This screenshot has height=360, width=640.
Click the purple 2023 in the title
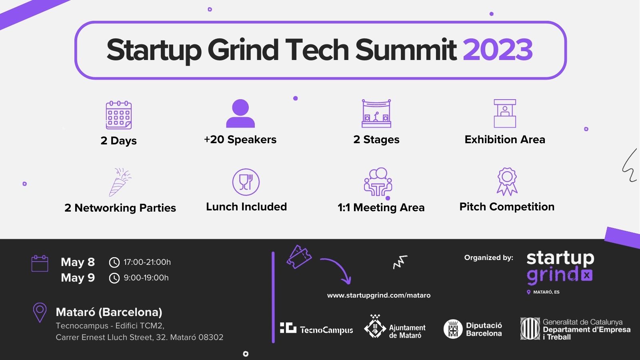(498, 50)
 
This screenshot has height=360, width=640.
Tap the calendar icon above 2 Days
(118, 115)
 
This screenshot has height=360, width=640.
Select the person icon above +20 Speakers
(240, 114)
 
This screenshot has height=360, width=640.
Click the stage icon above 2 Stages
(376, 114)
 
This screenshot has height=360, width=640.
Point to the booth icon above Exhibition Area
(505, 114)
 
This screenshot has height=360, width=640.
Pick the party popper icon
(120, 182)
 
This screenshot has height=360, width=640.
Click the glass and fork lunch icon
(246, 182)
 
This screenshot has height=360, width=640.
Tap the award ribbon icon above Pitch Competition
(507, 182)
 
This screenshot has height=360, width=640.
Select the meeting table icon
(378, 182)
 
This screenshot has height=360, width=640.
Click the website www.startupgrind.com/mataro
(378, 295)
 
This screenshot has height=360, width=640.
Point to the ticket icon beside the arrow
(299, 256)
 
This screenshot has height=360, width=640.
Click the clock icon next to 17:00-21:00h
(114, 262)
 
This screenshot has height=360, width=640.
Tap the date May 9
(78, 278)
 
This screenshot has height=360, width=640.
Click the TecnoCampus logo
(316, 328)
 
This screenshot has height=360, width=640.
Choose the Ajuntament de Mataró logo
(395, 326)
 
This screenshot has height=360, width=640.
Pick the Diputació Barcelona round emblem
(453, 329)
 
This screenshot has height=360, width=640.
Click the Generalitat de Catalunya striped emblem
(530, 328)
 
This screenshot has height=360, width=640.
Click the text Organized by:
(488, 258)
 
